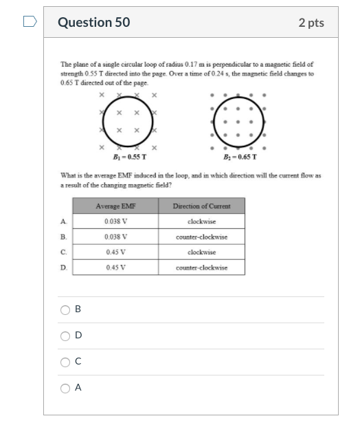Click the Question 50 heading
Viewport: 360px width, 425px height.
pyautogui.click(x=93, y=23)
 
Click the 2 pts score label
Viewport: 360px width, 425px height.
pyautogui.click(x=311, y=23)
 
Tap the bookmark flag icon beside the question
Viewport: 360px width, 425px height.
pyautogui.click(x=29, y=22)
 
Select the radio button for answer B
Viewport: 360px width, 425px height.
pyautogui.click(x=65, y=309)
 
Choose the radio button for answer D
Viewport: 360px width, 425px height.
pyautogui.click(x=65, y=336)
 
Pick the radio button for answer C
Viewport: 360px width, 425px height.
pyautogui.click(x=65, y=362)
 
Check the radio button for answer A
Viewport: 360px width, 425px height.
pyautogui.click(x=65, y=388)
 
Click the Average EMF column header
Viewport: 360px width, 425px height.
pyautogui.click(x=116, y=206)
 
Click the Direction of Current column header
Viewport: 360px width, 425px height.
pyautogui.click(x=201, y=206)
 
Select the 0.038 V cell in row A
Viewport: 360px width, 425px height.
pyautogui.click(x=116, y=221)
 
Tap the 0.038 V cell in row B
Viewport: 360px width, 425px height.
pyautogui.click(x=116, y=237)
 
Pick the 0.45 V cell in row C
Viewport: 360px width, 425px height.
pyautogui.click(x=116, y=252)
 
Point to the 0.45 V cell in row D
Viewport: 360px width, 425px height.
pyautogui.click(x=116, y=268)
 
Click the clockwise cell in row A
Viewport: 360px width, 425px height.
pyautogui.click(x=201, y=221)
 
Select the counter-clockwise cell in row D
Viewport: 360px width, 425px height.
pyautogui.click(x=201, y=268)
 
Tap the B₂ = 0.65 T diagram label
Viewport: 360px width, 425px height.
pyautogui.click(x=240, y=156)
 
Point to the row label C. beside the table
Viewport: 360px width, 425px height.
pyautogui.click(x=63, y=252)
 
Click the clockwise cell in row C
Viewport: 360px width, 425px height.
pyautogui.click(x=201, y=252)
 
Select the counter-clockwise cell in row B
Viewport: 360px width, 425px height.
pyautogui.click(x=201, y=237)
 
